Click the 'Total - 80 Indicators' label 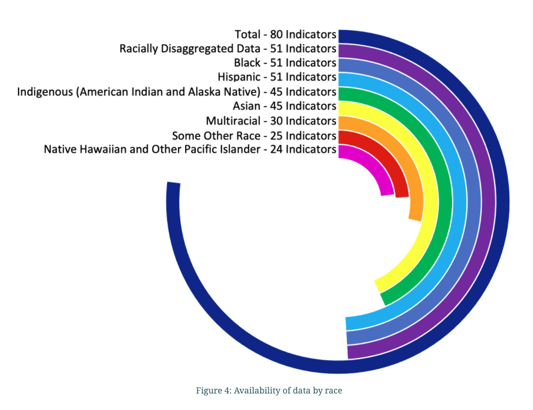(285, 35)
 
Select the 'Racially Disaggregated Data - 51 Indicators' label (228, 49)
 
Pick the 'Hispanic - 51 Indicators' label (277, 77)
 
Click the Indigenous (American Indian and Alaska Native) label (177, 92)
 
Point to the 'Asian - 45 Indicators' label (284, 106)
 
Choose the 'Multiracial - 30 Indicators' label (271, 120)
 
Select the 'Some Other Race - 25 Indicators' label (254, 135)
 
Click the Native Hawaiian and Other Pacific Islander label (190, 149)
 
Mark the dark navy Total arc (502, 213)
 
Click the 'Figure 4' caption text (269, 390)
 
